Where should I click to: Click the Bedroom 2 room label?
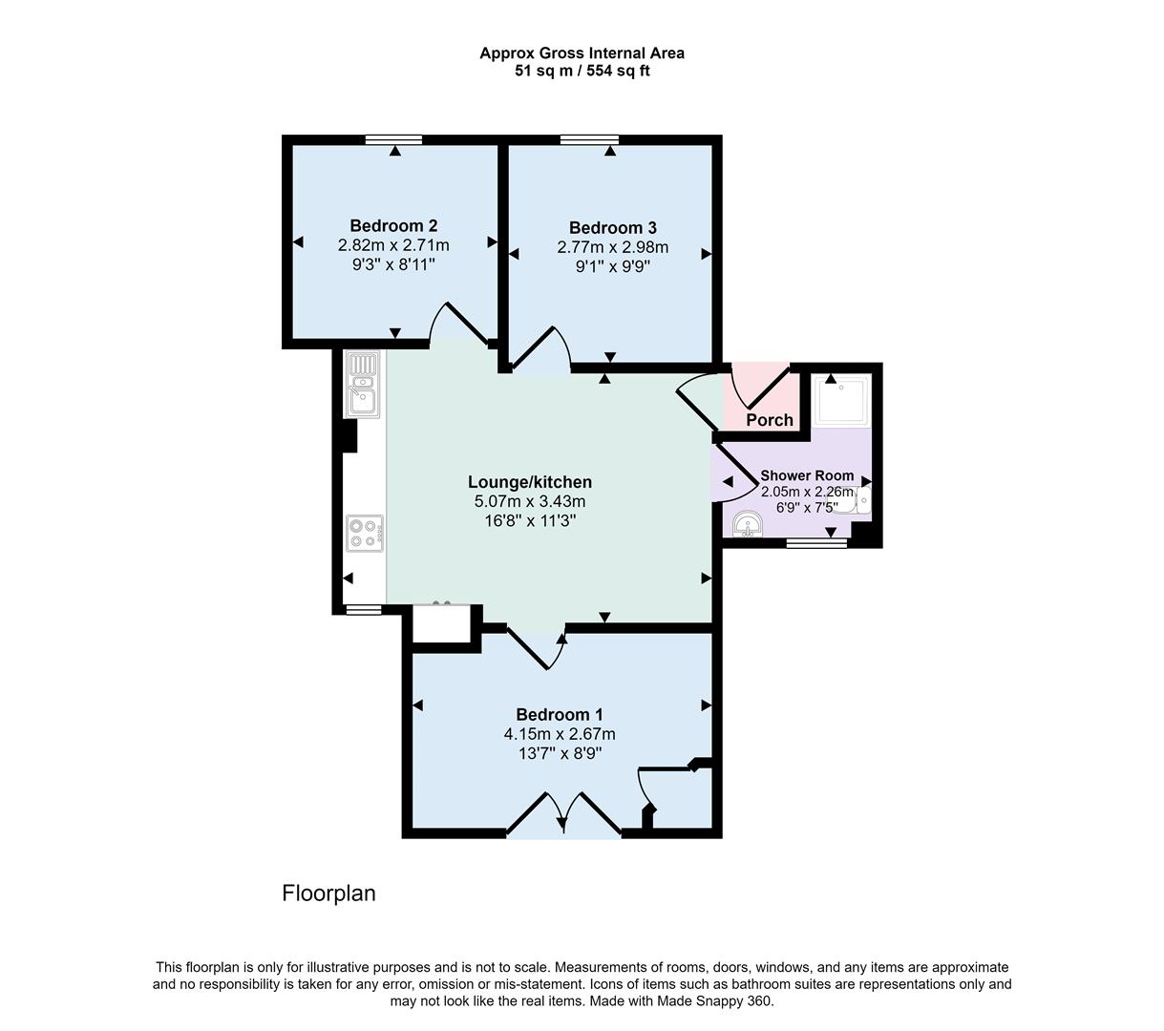[x=393, y=226]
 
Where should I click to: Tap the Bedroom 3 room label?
[x=612, y=228]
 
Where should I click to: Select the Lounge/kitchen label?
[x=530, y=482]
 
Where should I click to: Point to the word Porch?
[x=770, y=420]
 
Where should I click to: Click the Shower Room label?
[x=807, y=475]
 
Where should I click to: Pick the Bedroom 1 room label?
[x=560, y=715]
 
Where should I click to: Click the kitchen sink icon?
[x=363, y=384]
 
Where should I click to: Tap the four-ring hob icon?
[x=365, y=532]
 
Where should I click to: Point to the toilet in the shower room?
[x=861, y=500]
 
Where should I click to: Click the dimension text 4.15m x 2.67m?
[x=560, y=734]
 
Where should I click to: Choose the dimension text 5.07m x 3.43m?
[x=530, y=501]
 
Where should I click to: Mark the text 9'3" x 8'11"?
[x=393, y=264]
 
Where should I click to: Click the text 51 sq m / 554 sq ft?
[x=582, y=71]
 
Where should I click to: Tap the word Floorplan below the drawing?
[x=328, y=894]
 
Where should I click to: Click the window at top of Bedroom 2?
[x=393, y=140]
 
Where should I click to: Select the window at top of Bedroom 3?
[x=589, y=140]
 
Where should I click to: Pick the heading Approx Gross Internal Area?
[x=582, y=53]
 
